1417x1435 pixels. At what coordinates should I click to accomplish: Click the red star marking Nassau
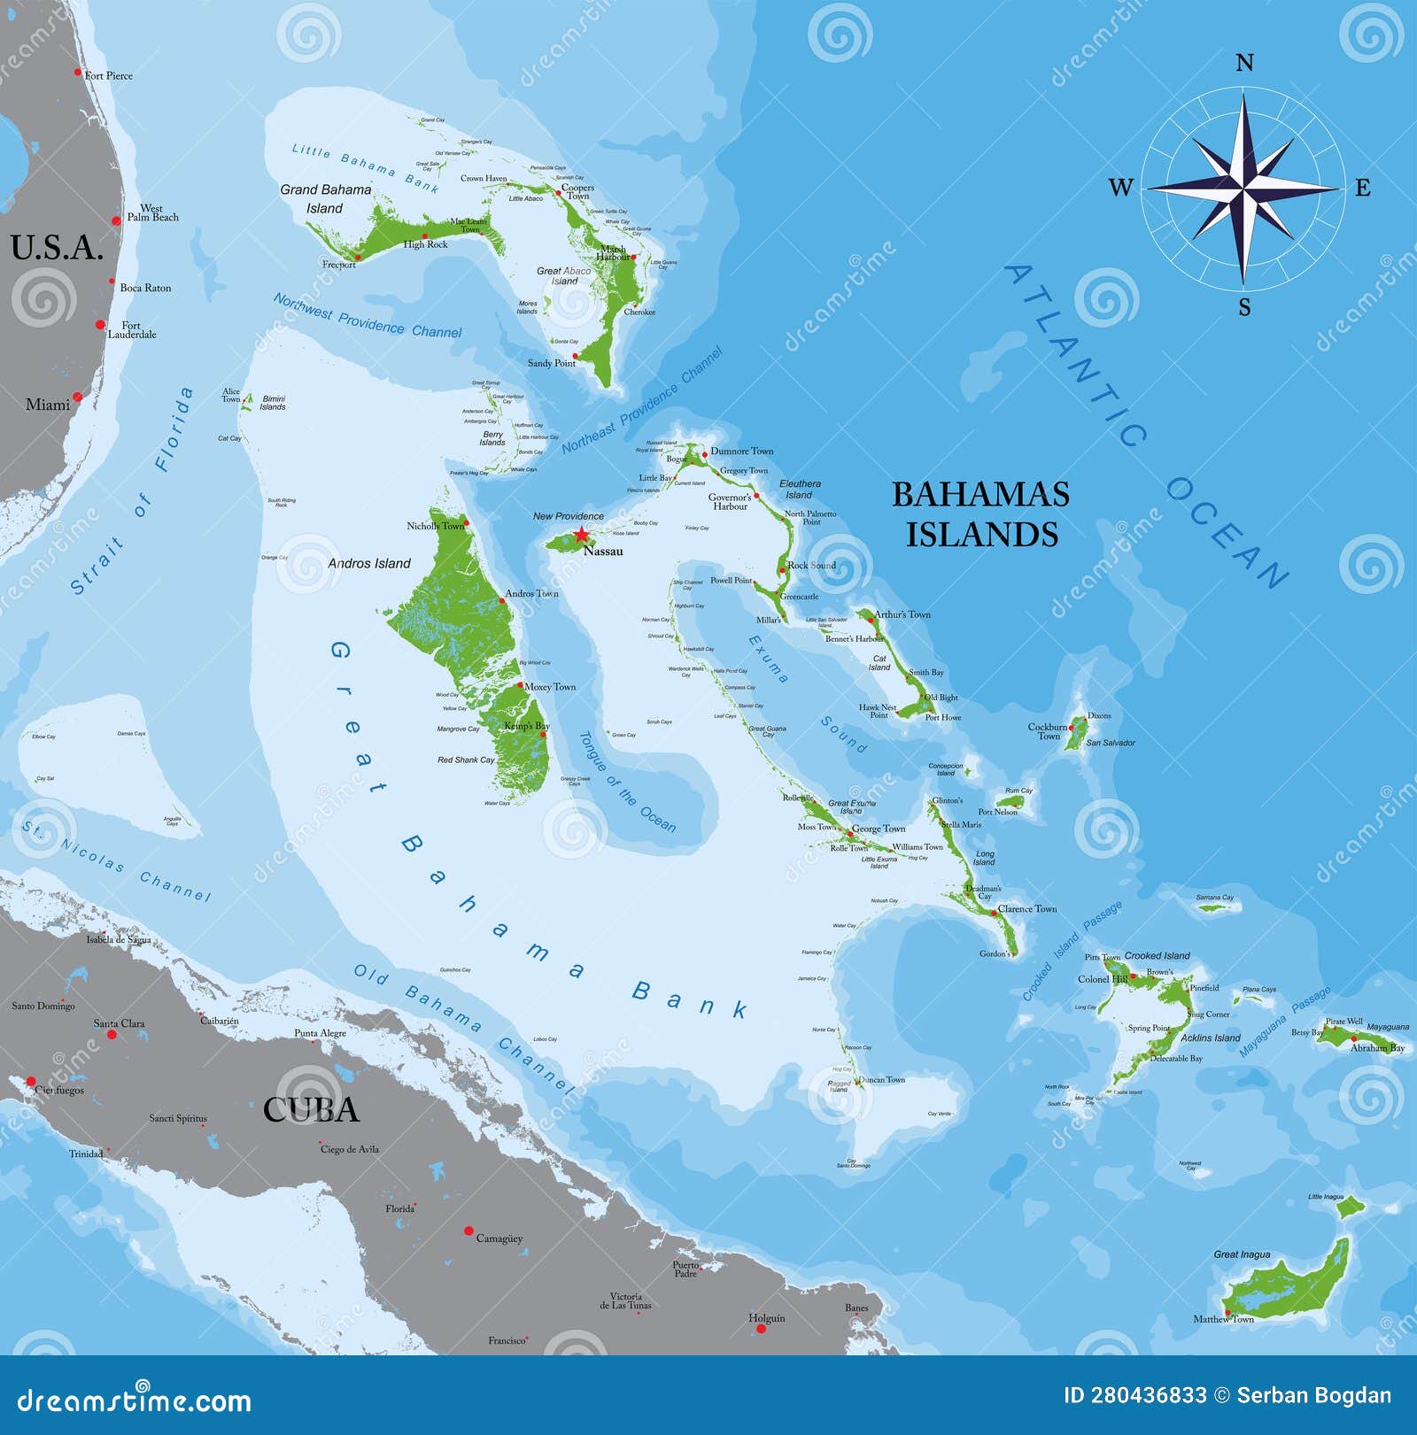tap(580, 535)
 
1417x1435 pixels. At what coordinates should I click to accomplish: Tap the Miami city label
tap(47, 405)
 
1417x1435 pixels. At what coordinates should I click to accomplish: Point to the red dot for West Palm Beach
tap(116, 220)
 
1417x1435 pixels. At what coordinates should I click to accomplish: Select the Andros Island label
tap(369, 563)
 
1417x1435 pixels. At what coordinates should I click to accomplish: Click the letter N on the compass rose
tap(1244, 63)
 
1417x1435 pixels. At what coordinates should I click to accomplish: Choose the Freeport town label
tap(339, 265)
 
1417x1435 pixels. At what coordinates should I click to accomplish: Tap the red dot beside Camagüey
tap(468, 1231)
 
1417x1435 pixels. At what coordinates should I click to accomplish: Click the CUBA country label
tap(311, 1109)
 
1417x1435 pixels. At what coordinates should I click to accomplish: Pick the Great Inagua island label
tap(1242, 1254)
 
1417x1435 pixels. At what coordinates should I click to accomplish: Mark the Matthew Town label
tap(1223, 1319)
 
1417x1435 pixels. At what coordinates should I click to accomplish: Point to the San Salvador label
tap(1111, 743)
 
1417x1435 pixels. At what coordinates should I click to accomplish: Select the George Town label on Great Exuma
tap(879, 829)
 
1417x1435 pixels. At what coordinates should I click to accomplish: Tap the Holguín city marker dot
tap(761, 1329)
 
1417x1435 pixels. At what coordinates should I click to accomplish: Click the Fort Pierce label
tap(109, 76)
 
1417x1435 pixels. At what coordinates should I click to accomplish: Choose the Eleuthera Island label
tap(800, 490)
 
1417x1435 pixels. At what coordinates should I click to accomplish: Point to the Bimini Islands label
tap(273, 403)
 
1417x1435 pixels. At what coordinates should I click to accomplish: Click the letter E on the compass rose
tap(1362, 188)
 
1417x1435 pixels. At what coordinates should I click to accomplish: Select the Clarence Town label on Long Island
tap(1027, 909)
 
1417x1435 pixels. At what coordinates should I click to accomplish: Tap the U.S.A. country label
tap(57, 248)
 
